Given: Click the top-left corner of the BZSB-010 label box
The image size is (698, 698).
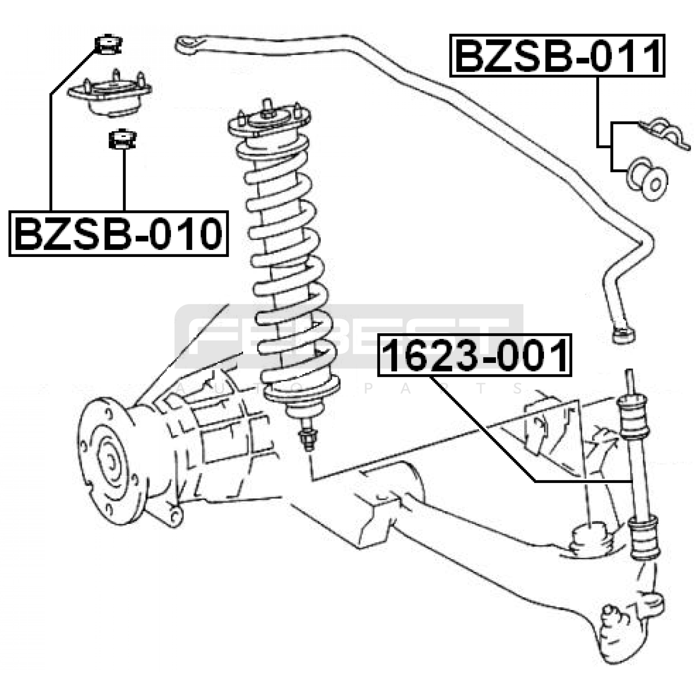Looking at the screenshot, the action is pyautogui.click(x=10, y=212).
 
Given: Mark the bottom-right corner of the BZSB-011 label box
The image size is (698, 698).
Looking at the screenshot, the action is pyautogui.click(x=664, y=76).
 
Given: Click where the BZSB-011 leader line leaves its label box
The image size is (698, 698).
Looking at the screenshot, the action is pyautogui.click(x=598, y=77).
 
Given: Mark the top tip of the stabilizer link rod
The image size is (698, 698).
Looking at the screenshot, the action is pyautogui.click(x=629, y=370).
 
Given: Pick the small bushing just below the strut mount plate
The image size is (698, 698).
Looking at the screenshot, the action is pyautogui.click(x=123, y=139).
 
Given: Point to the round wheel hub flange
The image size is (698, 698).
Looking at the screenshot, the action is pyautogui.click(x=108, y=463).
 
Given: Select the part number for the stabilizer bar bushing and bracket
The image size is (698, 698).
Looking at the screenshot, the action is pyautogui.click(x=558, y=56).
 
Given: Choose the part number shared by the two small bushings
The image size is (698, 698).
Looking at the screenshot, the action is pyautogui.click(x=119, y=233).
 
